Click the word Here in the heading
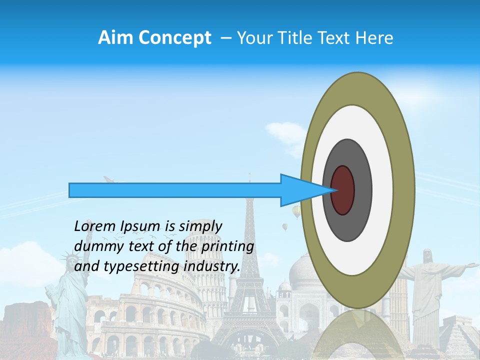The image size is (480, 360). [375, 38]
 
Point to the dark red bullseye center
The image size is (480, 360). [343, 190]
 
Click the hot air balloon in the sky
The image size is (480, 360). [296, 212]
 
